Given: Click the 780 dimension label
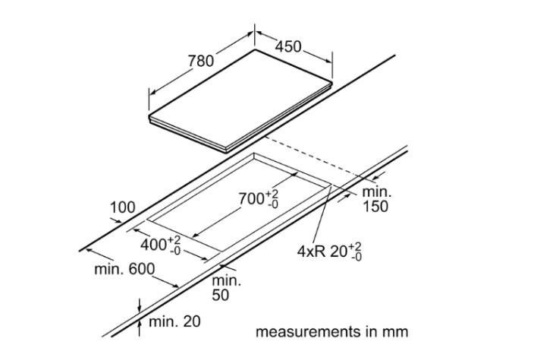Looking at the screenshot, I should (x=201, y=60).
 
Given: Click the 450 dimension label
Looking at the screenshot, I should (x=287, y=47).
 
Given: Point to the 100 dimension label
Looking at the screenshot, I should (x=122, y=207).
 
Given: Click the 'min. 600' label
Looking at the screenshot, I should (x=124, y=270).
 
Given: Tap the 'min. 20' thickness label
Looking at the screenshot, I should (x=174, y=322).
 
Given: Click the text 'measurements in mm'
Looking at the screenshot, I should (x=331, y=332).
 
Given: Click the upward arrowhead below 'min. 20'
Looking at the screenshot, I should (x=140, y=324).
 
